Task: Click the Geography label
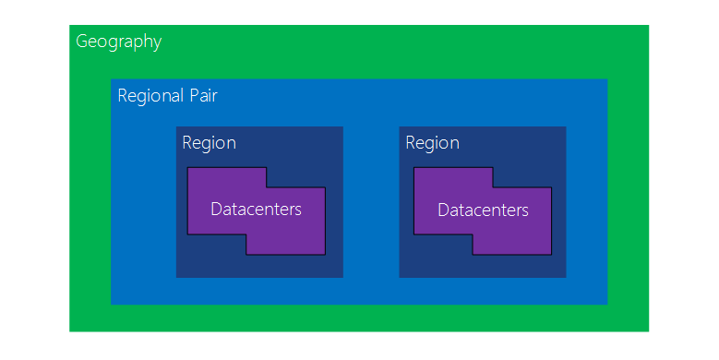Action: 118,42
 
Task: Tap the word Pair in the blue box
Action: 203,96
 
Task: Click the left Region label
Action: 209,143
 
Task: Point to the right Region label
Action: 432,143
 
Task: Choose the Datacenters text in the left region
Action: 256,210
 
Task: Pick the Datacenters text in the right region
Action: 483,210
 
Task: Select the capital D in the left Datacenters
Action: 216,210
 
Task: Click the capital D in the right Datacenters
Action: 443,210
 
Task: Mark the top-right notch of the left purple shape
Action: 295,177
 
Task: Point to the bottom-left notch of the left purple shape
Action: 216,245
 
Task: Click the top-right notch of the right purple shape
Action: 521,177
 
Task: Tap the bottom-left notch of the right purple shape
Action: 442,245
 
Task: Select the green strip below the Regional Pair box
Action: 359,318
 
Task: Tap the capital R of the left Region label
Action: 187,143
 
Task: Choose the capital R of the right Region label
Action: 411,143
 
